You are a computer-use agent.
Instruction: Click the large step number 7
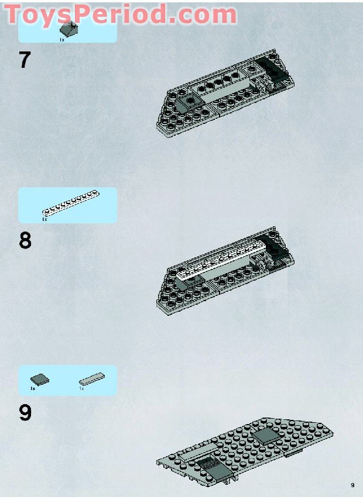(x=25, y=60)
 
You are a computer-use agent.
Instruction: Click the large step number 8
(x=25, y=240)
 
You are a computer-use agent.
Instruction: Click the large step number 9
(x=25, y=413)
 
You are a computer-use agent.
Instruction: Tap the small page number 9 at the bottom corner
(x=352, y=485)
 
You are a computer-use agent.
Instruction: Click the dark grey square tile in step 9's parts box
(x=39, y=378)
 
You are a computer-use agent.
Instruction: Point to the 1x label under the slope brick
(x=61, y=39)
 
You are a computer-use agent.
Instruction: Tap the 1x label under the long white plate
(x=44, y=219)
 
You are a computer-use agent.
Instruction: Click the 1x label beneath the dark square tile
(x=33, y=388)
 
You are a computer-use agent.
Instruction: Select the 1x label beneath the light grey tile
(x=82, y=388)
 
